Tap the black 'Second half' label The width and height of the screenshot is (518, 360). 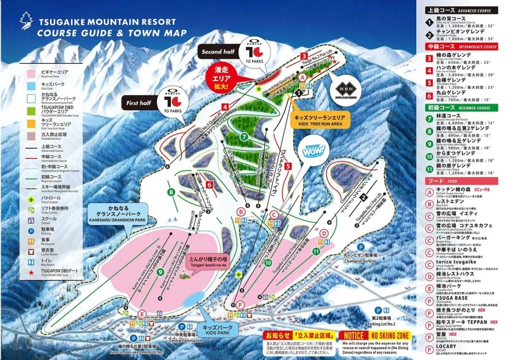pos(218,52)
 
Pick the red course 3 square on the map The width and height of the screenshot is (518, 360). pos(303,56)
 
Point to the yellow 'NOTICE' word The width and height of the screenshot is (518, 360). pos(352,335)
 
